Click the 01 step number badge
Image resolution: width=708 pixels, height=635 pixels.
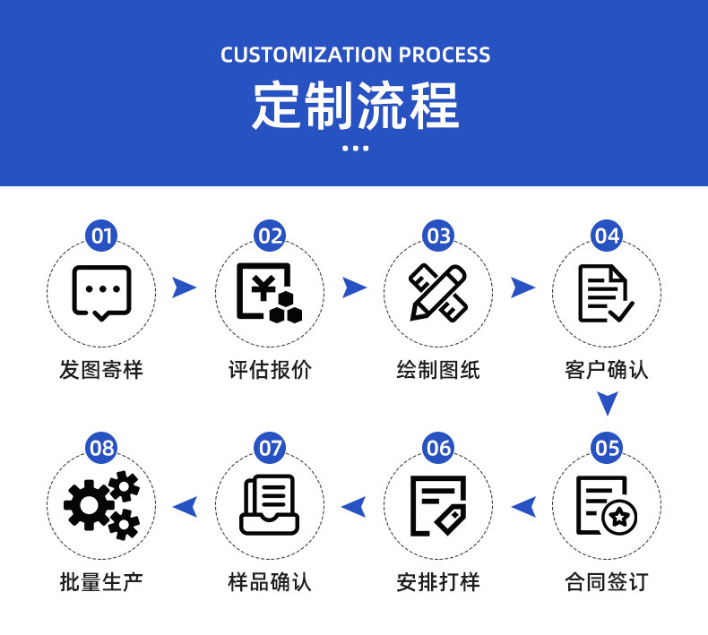click(101, 236)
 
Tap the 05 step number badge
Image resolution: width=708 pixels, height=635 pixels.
click(607, 447)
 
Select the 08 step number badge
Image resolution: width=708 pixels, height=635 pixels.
click(101, 447)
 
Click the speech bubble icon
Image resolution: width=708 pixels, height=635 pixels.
click(101, 292)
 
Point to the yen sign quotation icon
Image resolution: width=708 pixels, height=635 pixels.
click(269, 292)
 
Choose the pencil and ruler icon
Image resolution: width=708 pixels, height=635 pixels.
click(437, 292)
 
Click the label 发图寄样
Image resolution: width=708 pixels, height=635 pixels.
click(101, 369)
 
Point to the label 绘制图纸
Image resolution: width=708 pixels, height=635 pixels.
click(438, 369)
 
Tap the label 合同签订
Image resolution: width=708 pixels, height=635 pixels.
click(607, 581)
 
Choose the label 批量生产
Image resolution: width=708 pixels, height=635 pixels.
click(101, 581)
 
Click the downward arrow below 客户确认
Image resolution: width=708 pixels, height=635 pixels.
click(608, 404)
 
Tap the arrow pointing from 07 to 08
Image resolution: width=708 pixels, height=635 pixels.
click(185, 506)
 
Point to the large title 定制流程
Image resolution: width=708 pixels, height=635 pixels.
click(355, 106)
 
